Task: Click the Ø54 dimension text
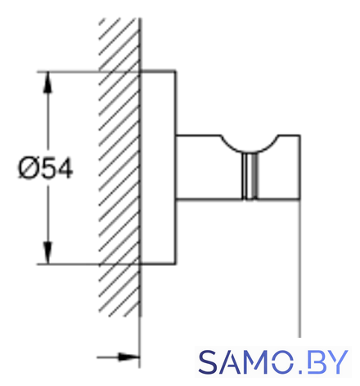(45, 168)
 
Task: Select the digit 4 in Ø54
(65, 168)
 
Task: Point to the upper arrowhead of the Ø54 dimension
(47, 83)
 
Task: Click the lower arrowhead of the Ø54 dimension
(47, 253)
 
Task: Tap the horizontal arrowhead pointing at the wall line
(128, 357)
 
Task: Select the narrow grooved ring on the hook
(250, 176)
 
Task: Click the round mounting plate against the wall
(158, 168)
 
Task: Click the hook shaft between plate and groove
(209, 168)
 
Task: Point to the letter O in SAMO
(283, 362)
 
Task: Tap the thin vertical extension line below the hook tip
(300, 268)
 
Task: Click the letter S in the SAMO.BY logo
(209, 362)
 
